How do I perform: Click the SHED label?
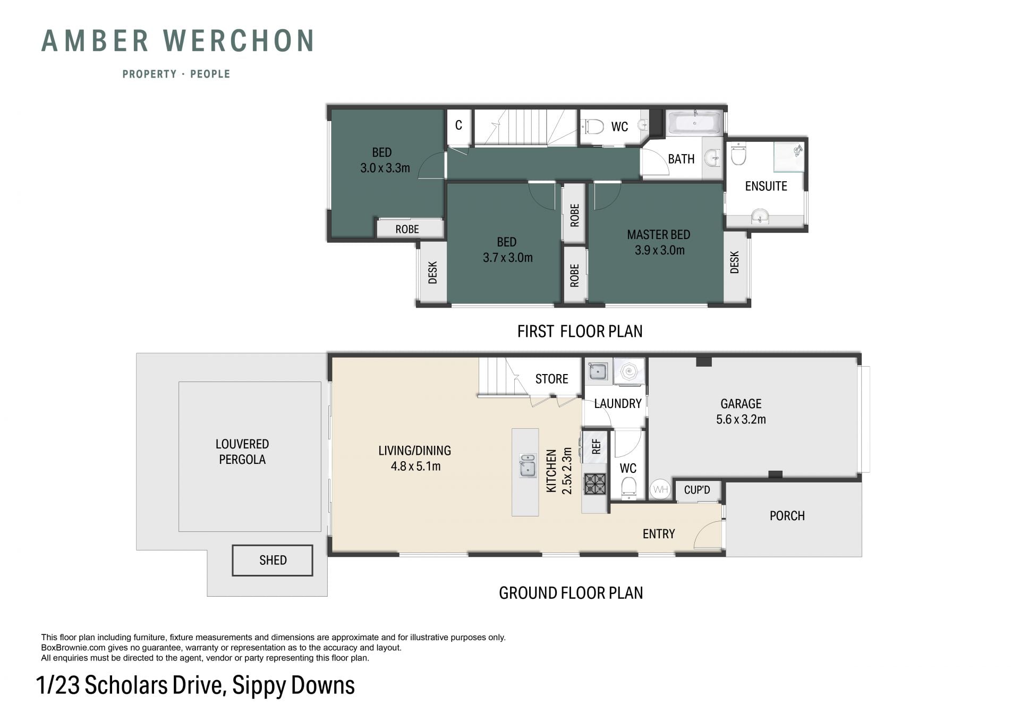[x=273, y=560]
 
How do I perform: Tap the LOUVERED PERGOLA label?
[x=242, y=452]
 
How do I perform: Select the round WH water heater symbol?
[x=660, y=489]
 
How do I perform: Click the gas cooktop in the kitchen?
[x=595, y=484]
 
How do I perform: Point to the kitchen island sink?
[x=528, y=466]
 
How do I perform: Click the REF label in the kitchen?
[x=596, y=446]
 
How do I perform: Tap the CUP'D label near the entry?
[x=696, y=490]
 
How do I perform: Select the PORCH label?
[x=787, y=516]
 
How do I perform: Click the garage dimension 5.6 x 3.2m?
[x=741, y=419]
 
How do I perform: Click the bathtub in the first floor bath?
[x=694, y=123]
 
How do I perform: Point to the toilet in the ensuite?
[x=738, y=155]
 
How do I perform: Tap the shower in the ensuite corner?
[x=789, y=157]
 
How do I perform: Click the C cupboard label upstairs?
[x=458, y=125]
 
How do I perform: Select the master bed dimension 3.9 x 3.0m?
[x=659, y=250]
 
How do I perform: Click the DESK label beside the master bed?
[x=735, y=262]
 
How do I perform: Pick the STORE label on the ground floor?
[x=551, y=379]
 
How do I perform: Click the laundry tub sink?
[x=598, y=371]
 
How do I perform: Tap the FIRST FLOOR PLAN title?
[x=580, y=332]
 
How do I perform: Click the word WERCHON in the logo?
[x=238, y=41]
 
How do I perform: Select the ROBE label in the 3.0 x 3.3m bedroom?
[x=407, y=229]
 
